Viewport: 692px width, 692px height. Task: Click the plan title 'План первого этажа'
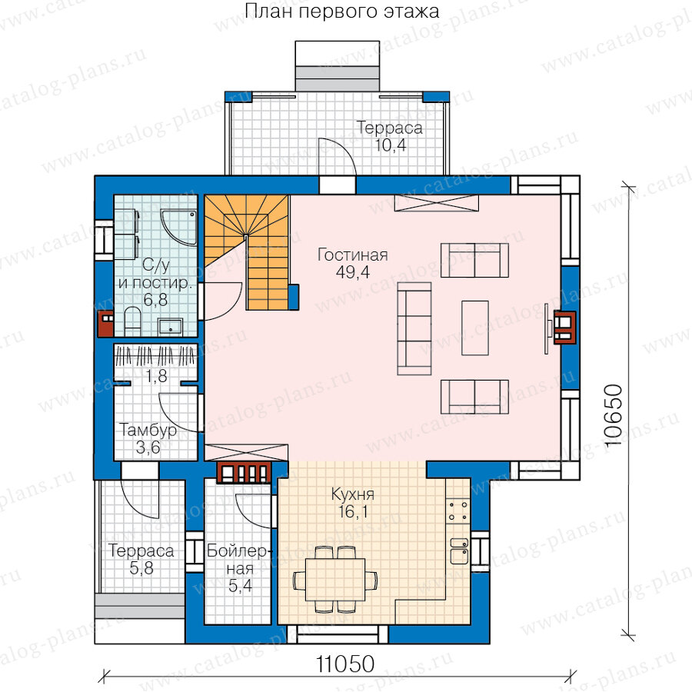pyautogui.click(x=342, y=11)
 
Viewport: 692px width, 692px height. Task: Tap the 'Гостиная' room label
pyautogui.click(x=353, y=255)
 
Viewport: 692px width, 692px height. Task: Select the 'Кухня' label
pyautogui.click(x=353, y=494)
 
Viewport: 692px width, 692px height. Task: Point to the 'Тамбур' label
pyautogui.click(x=148, y=430)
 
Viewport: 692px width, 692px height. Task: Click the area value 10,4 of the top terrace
pyautogui.click(x=390, y=145)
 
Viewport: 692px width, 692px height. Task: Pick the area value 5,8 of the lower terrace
pyautogui.click(x=141, y=568)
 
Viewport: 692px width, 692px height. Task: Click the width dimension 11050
pyautogui.click(x=345, y=664)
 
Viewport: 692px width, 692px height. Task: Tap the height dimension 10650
pyautogui.click(x=613, y=416)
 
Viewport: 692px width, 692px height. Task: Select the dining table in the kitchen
pyautogui.click(x=335, y=580)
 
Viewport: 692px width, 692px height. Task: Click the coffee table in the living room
pyautogui.click(x=475, y=328)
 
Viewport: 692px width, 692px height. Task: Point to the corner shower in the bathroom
pyautogui.click(x=178, y=227)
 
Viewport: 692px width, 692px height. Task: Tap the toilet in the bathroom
pyautogui.click(x=132, y=321)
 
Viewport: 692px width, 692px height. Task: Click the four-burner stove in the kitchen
pyautogui.click(x=458, y=511)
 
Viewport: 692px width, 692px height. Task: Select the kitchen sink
pyautogui.click(x=459, y=551)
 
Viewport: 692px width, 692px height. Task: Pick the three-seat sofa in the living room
pyautogui.click(x=414, y=328)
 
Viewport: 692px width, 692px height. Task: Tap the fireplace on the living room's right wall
pyautogui.click(x=565, y=327)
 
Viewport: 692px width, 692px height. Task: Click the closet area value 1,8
pyautogui.click(x=156, y=375)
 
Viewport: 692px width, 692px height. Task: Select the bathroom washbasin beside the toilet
pyautogui.click(x=170, y=327)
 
